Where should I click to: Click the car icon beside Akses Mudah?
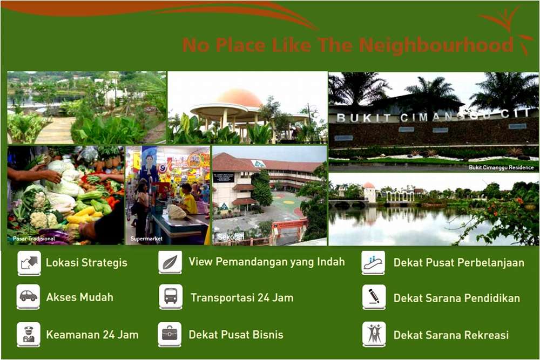point(29,297)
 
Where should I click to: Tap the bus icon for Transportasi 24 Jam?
point(171,297)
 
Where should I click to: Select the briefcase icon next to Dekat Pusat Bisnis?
point(170,334)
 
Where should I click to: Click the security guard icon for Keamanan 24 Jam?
point(29,334)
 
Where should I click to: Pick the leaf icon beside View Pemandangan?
point(170,262)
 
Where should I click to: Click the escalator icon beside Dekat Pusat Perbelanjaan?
point(373,263)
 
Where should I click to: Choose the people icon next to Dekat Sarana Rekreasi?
point(374,334)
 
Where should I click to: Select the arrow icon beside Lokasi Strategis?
point(29,263)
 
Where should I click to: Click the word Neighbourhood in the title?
point(436,45)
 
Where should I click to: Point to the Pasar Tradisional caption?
point(33,239)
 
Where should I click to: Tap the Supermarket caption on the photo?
point(146,239)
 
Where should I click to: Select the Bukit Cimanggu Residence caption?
point(501,168)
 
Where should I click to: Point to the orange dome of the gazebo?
point(240,98)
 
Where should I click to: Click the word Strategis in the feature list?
point(107,263)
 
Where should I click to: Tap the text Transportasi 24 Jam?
point(242,297)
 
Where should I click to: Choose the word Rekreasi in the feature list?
point(487,335)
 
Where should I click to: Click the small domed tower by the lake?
point(369,192)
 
